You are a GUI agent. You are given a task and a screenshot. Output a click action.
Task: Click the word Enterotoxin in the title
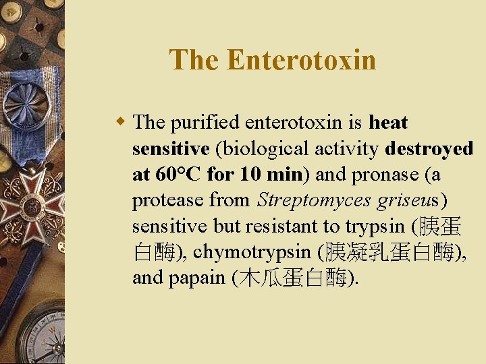point(301,60)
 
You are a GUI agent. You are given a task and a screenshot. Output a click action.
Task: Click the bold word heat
point(388,123)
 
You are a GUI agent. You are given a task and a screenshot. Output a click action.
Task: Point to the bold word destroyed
point(430,148)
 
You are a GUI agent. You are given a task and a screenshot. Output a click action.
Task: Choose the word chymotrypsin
point(251,251)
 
